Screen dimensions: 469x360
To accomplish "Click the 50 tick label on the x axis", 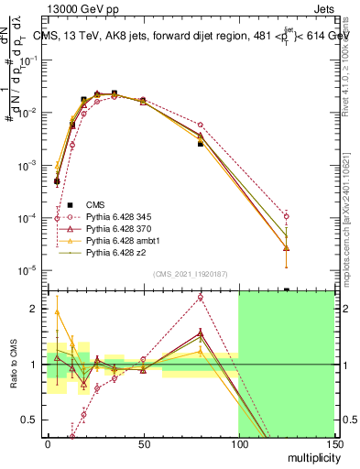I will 143,444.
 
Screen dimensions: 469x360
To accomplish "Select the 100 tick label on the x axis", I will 238,444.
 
